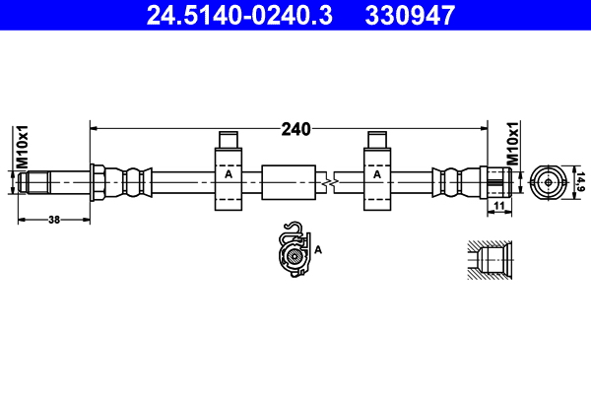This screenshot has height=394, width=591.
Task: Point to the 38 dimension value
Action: [54, 219]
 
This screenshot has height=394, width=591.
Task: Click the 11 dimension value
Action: [499, 205]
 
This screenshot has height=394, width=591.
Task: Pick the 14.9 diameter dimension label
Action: [580, 181]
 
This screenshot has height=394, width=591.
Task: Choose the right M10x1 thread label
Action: [512, 144]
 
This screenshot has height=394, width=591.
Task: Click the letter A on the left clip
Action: [228, 174]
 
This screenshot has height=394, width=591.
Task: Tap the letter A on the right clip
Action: [377, 174]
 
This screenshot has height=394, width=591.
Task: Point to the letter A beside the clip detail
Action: [318, 250]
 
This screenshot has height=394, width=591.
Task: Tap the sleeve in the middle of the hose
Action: [289, 182]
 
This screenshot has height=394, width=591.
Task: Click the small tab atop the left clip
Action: [228, 139]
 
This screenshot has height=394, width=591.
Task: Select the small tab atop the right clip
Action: [377, 139]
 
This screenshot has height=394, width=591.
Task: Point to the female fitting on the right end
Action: [494, 181]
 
